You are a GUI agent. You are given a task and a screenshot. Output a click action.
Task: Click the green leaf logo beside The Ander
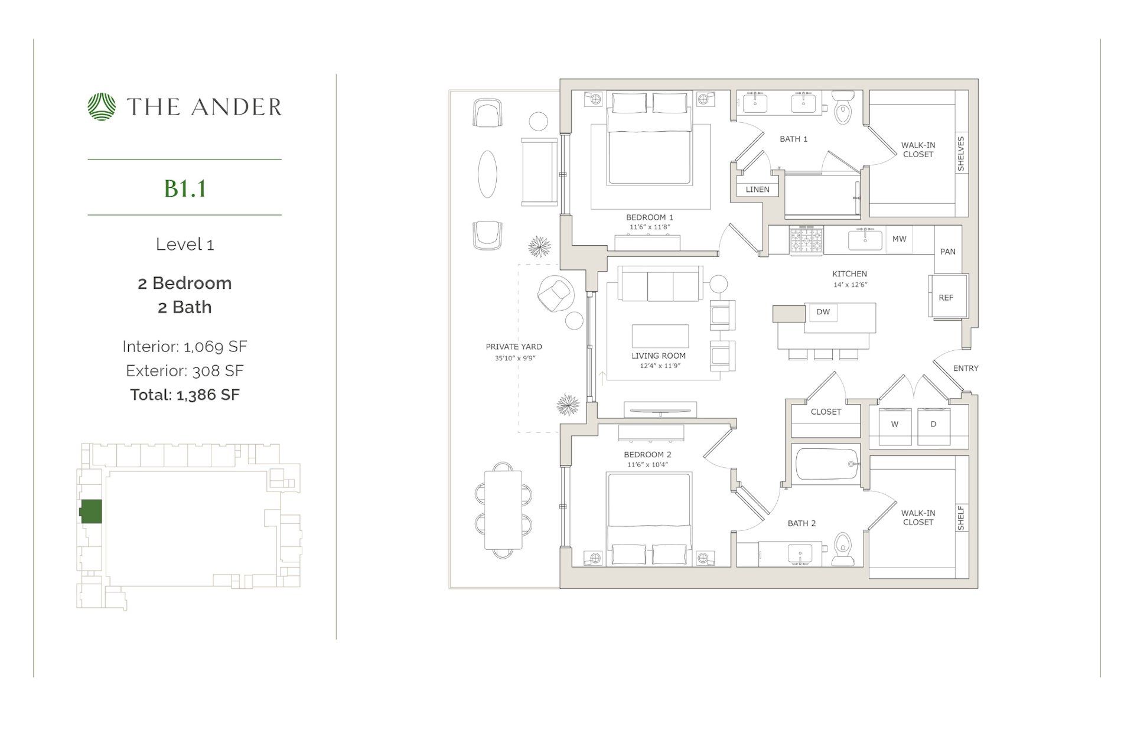102,107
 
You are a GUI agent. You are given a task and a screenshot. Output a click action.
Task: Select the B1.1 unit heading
185,188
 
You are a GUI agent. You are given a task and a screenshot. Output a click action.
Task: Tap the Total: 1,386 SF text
185,395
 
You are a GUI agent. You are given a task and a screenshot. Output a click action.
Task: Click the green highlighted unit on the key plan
91,512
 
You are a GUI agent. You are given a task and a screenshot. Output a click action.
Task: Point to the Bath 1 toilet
843,107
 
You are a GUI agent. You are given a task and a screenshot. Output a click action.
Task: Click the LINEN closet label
757,190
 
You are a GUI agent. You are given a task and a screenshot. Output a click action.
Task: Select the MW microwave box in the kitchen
899,239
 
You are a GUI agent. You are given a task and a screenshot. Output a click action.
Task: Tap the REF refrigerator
946,298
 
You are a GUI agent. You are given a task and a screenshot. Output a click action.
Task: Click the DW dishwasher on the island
823,312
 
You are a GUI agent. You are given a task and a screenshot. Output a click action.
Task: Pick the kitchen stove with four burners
806,241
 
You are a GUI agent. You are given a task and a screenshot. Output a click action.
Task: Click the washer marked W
895,425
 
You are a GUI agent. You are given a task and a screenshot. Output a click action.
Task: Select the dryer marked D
933,425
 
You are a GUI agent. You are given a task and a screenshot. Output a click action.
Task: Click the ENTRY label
966,368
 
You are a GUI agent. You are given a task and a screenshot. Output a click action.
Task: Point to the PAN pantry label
947,252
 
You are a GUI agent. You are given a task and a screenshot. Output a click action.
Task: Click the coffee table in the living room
660,335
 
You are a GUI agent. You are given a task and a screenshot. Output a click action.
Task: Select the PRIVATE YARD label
514,347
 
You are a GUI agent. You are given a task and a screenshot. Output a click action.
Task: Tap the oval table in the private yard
487,174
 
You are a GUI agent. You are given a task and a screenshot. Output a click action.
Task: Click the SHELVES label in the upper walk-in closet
961,154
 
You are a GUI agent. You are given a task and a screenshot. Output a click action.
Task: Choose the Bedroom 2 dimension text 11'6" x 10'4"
647,465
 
